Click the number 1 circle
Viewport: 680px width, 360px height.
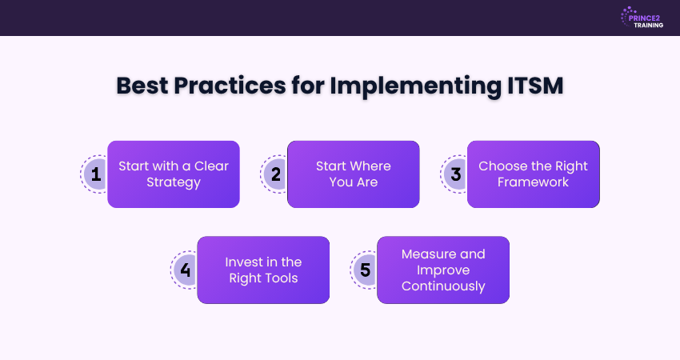point(95,174)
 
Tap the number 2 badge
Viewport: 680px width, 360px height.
point(275,174)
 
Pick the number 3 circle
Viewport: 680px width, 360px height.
point(455,174)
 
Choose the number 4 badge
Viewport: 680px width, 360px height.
point(185,270)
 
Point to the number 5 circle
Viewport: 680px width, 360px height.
point(366,270)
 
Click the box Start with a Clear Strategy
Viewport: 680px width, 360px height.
point(174,174)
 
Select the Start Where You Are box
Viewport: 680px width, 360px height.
point(354,174)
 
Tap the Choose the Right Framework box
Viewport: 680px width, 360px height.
point(534,174)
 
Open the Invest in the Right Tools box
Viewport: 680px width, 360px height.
point(263,270)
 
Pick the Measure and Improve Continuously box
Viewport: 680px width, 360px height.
point(443,270)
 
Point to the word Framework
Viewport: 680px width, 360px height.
point(534,182)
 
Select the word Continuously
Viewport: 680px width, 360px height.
point(443,286)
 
